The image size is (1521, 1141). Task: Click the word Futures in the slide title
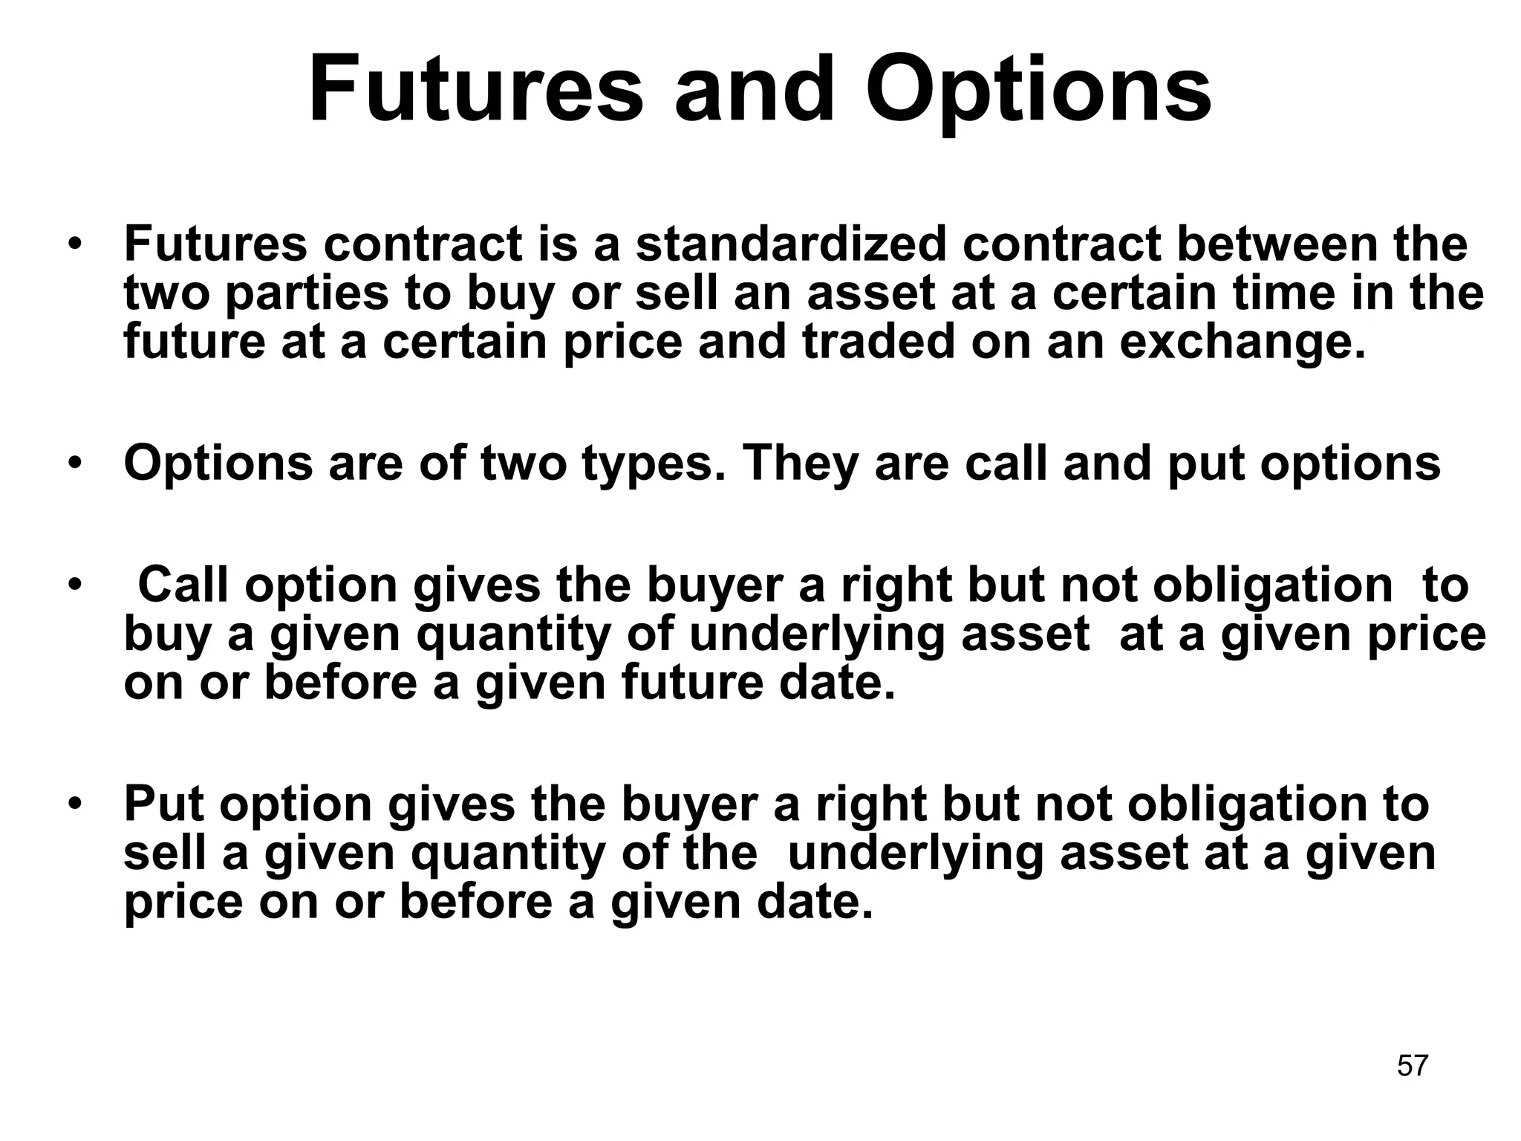[x=475, y=91]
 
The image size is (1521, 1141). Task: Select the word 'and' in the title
[x=755, y=91]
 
